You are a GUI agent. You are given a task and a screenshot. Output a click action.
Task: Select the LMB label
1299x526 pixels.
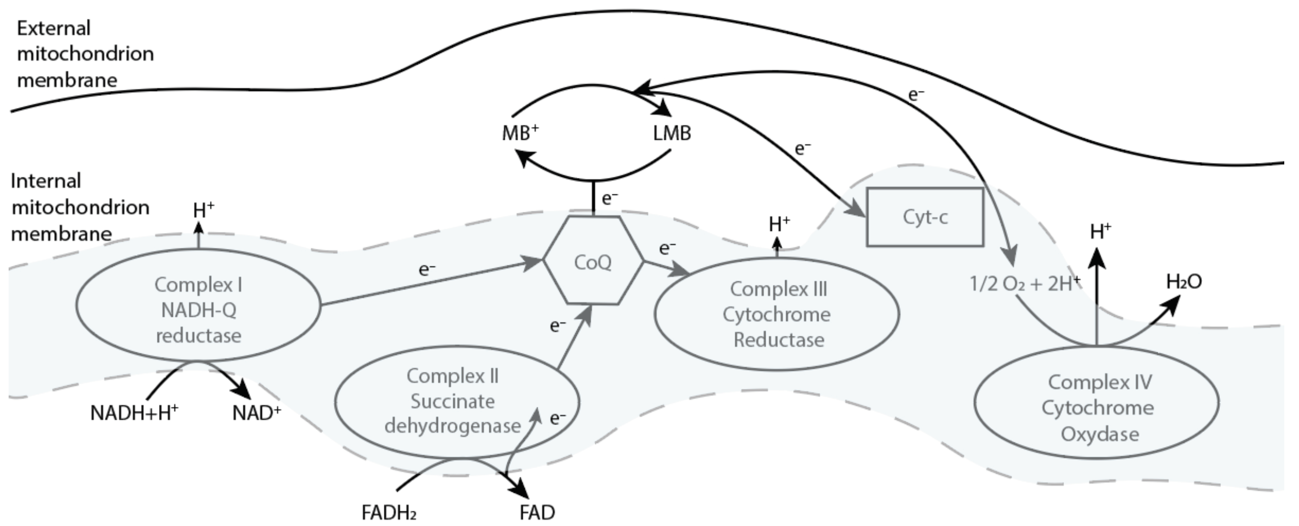[672, 133]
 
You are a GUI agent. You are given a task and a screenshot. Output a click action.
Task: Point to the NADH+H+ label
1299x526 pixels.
[134, 413]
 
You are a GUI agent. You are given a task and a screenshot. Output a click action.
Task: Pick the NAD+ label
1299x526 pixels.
[257, 413]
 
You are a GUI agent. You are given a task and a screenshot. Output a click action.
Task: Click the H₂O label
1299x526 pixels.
[1184, 281]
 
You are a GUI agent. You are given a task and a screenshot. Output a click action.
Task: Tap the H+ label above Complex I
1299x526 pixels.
[204, 210]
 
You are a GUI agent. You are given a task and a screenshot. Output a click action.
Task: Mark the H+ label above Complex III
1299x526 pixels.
[780, 223]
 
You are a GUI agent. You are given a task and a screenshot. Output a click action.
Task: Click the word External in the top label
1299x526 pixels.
[54, 28]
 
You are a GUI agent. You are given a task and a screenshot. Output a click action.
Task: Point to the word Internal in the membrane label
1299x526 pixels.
[46, 181]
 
